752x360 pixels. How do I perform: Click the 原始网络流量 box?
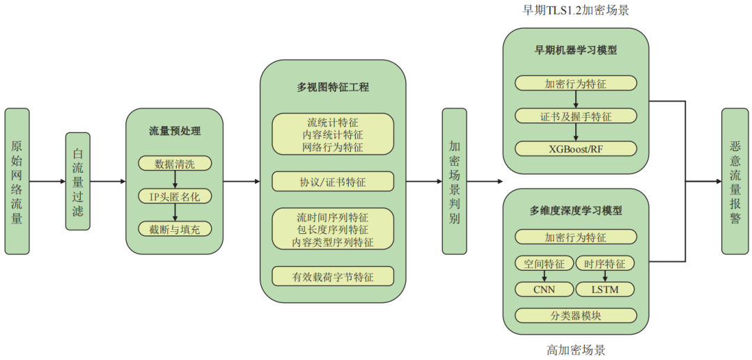17,181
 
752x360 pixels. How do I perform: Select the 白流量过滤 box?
78,181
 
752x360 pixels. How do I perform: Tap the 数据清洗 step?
175,164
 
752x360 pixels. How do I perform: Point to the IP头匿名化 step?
175,196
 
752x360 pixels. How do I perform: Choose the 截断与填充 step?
175,229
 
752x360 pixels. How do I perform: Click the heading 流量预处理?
175,130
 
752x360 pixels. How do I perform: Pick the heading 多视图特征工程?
333,88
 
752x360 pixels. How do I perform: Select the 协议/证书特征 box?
333,182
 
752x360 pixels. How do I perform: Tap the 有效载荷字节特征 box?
333,276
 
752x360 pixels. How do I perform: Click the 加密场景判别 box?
454,181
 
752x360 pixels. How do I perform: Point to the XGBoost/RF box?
576,148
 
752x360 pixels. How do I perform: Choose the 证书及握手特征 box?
576,116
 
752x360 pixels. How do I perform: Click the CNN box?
544,289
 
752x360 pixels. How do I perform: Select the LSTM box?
606,289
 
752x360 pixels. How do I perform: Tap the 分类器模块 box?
576,315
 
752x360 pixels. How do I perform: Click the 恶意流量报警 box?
735,181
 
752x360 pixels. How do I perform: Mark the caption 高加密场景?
576,350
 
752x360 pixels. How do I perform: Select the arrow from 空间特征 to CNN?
544,276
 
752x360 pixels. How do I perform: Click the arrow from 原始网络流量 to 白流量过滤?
47,182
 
